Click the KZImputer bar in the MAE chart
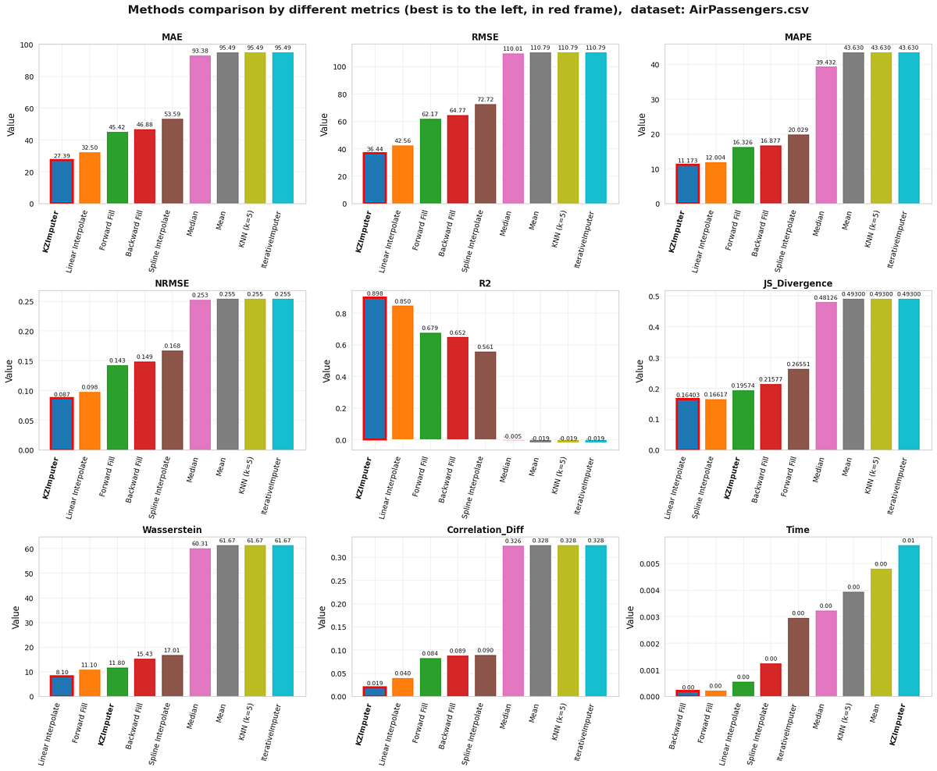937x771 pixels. coord(62,182)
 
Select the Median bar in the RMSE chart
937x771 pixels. coord(513,129)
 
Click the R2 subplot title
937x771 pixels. coord(484,284)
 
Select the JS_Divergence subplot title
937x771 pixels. coord(798,284)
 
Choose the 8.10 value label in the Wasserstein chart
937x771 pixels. coord(62,671)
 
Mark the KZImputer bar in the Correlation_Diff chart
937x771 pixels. coord(374,691)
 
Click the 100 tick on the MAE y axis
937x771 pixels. coord(24,45)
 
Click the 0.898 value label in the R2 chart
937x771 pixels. coord(374,293)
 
